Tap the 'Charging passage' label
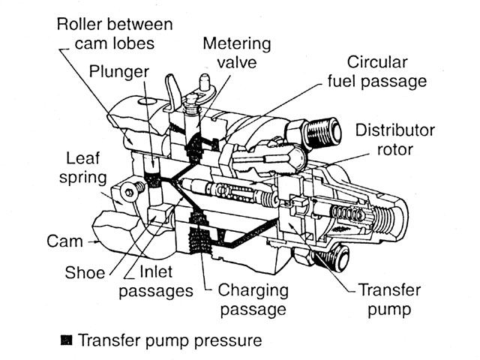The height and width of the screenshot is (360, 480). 256,298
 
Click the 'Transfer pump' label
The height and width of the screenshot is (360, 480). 391,298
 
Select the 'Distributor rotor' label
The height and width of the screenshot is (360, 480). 395,140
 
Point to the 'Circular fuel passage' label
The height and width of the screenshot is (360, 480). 387,70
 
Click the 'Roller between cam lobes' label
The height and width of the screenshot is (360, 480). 115,33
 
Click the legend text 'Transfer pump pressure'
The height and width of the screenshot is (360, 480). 171,341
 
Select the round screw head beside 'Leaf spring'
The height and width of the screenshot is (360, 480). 133,193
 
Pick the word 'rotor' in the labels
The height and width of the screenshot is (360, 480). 395,150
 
